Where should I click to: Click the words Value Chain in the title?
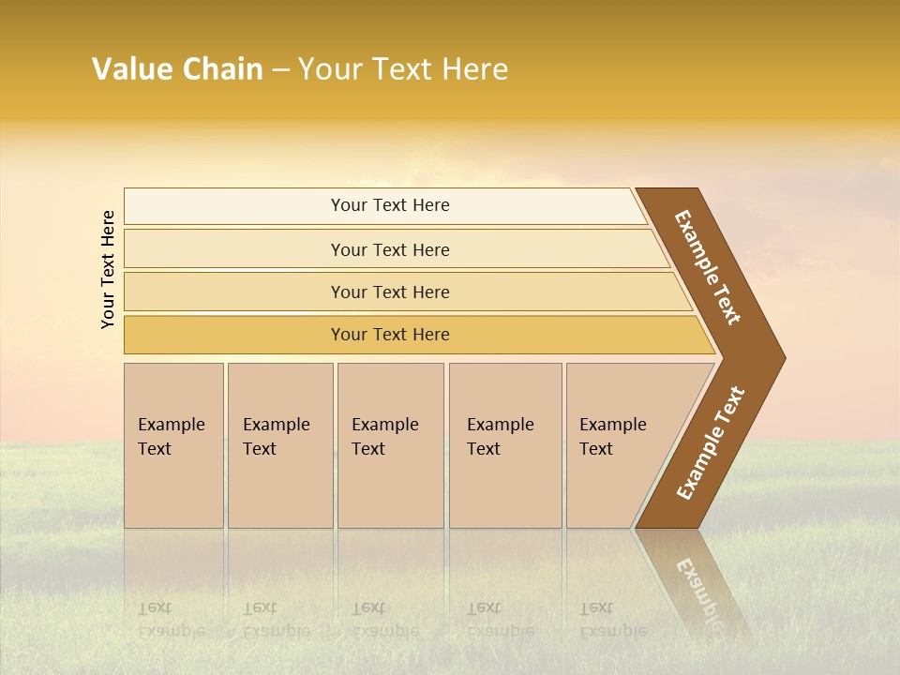(177, 69)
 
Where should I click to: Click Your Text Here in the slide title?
(403, 69)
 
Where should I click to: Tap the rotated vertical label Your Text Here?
(108, 269)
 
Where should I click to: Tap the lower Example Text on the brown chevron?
(711, 443)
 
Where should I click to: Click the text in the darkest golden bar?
(390, 335)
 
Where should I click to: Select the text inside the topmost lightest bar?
(390, 205)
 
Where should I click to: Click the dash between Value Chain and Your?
(280, 70)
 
